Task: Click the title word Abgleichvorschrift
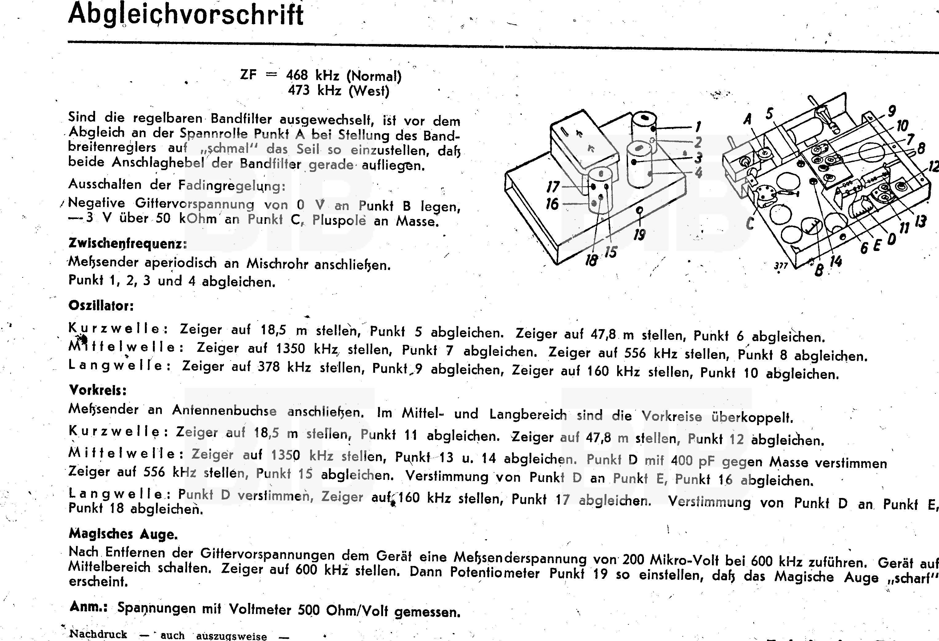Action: tap(186, 14)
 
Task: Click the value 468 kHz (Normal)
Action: tap(343, 76)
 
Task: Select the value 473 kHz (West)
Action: tap(339, 90)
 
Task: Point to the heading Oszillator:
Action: tap(101, 306)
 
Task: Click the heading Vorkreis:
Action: tap(98, 390)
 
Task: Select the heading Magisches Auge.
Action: tap(123, 534)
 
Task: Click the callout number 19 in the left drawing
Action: tap(639, 234)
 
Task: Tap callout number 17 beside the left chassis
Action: tap(553, 187)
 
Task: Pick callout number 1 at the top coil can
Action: tap(698, 127)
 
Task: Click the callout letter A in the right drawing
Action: tap(748, 119)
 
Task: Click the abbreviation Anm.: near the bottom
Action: tap(88, 607)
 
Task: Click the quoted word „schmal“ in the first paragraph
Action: tap(229, 148)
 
